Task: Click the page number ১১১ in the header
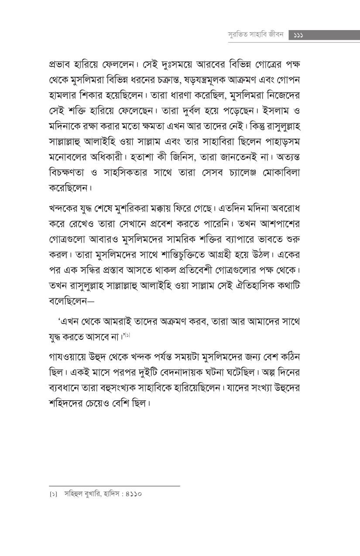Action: [x=299, y=35]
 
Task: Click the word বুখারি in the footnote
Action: [x=91, y=494]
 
